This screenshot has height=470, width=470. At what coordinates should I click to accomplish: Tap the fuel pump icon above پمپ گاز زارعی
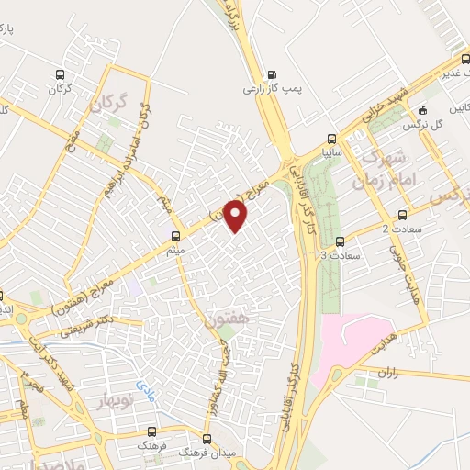tap(271, 75)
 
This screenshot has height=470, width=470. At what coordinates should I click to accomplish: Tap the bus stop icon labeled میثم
tap(175, 235)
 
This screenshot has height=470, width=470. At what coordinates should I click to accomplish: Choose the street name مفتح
tap(73, 145)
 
